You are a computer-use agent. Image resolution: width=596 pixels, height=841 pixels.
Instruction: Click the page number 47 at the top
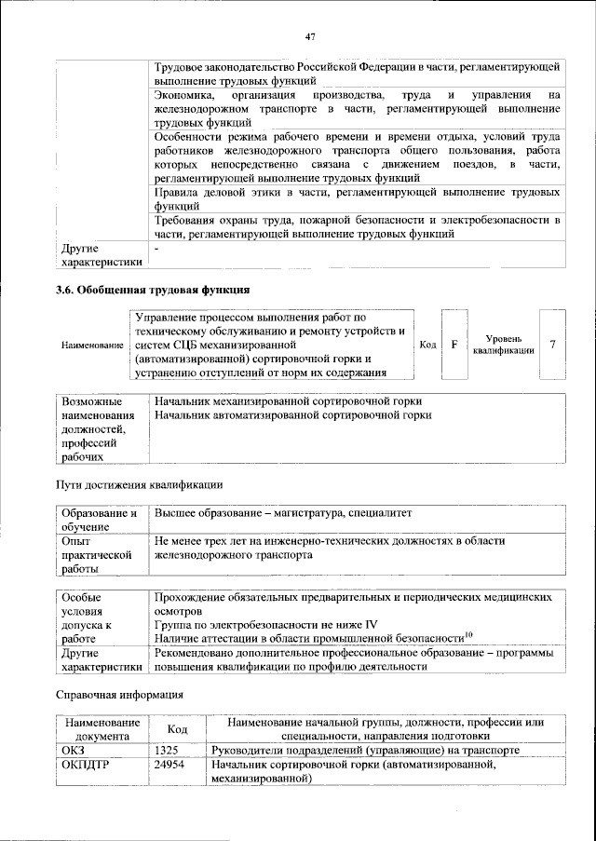tap(311, 36)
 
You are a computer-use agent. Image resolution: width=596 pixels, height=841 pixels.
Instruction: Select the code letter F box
tap(454, 345)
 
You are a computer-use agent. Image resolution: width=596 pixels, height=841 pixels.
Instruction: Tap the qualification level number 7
tap(553, 345)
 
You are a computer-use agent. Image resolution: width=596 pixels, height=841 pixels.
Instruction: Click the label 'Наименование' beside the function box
tap(92, 346)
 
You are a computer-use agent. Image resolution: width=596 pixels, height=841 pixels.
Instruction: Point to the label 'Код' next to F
tap(427, 345)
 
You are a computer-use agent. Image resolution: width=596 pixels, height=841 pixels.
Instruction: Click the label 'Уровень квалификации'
tap(503, 345)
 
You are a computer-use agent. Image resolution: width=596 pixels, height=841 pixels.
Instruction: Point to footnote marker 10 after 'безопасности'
tap(469, 635)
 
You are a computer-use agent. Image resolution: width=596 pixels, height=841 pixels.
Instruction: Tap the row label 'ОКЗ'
tap(73, 749)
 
